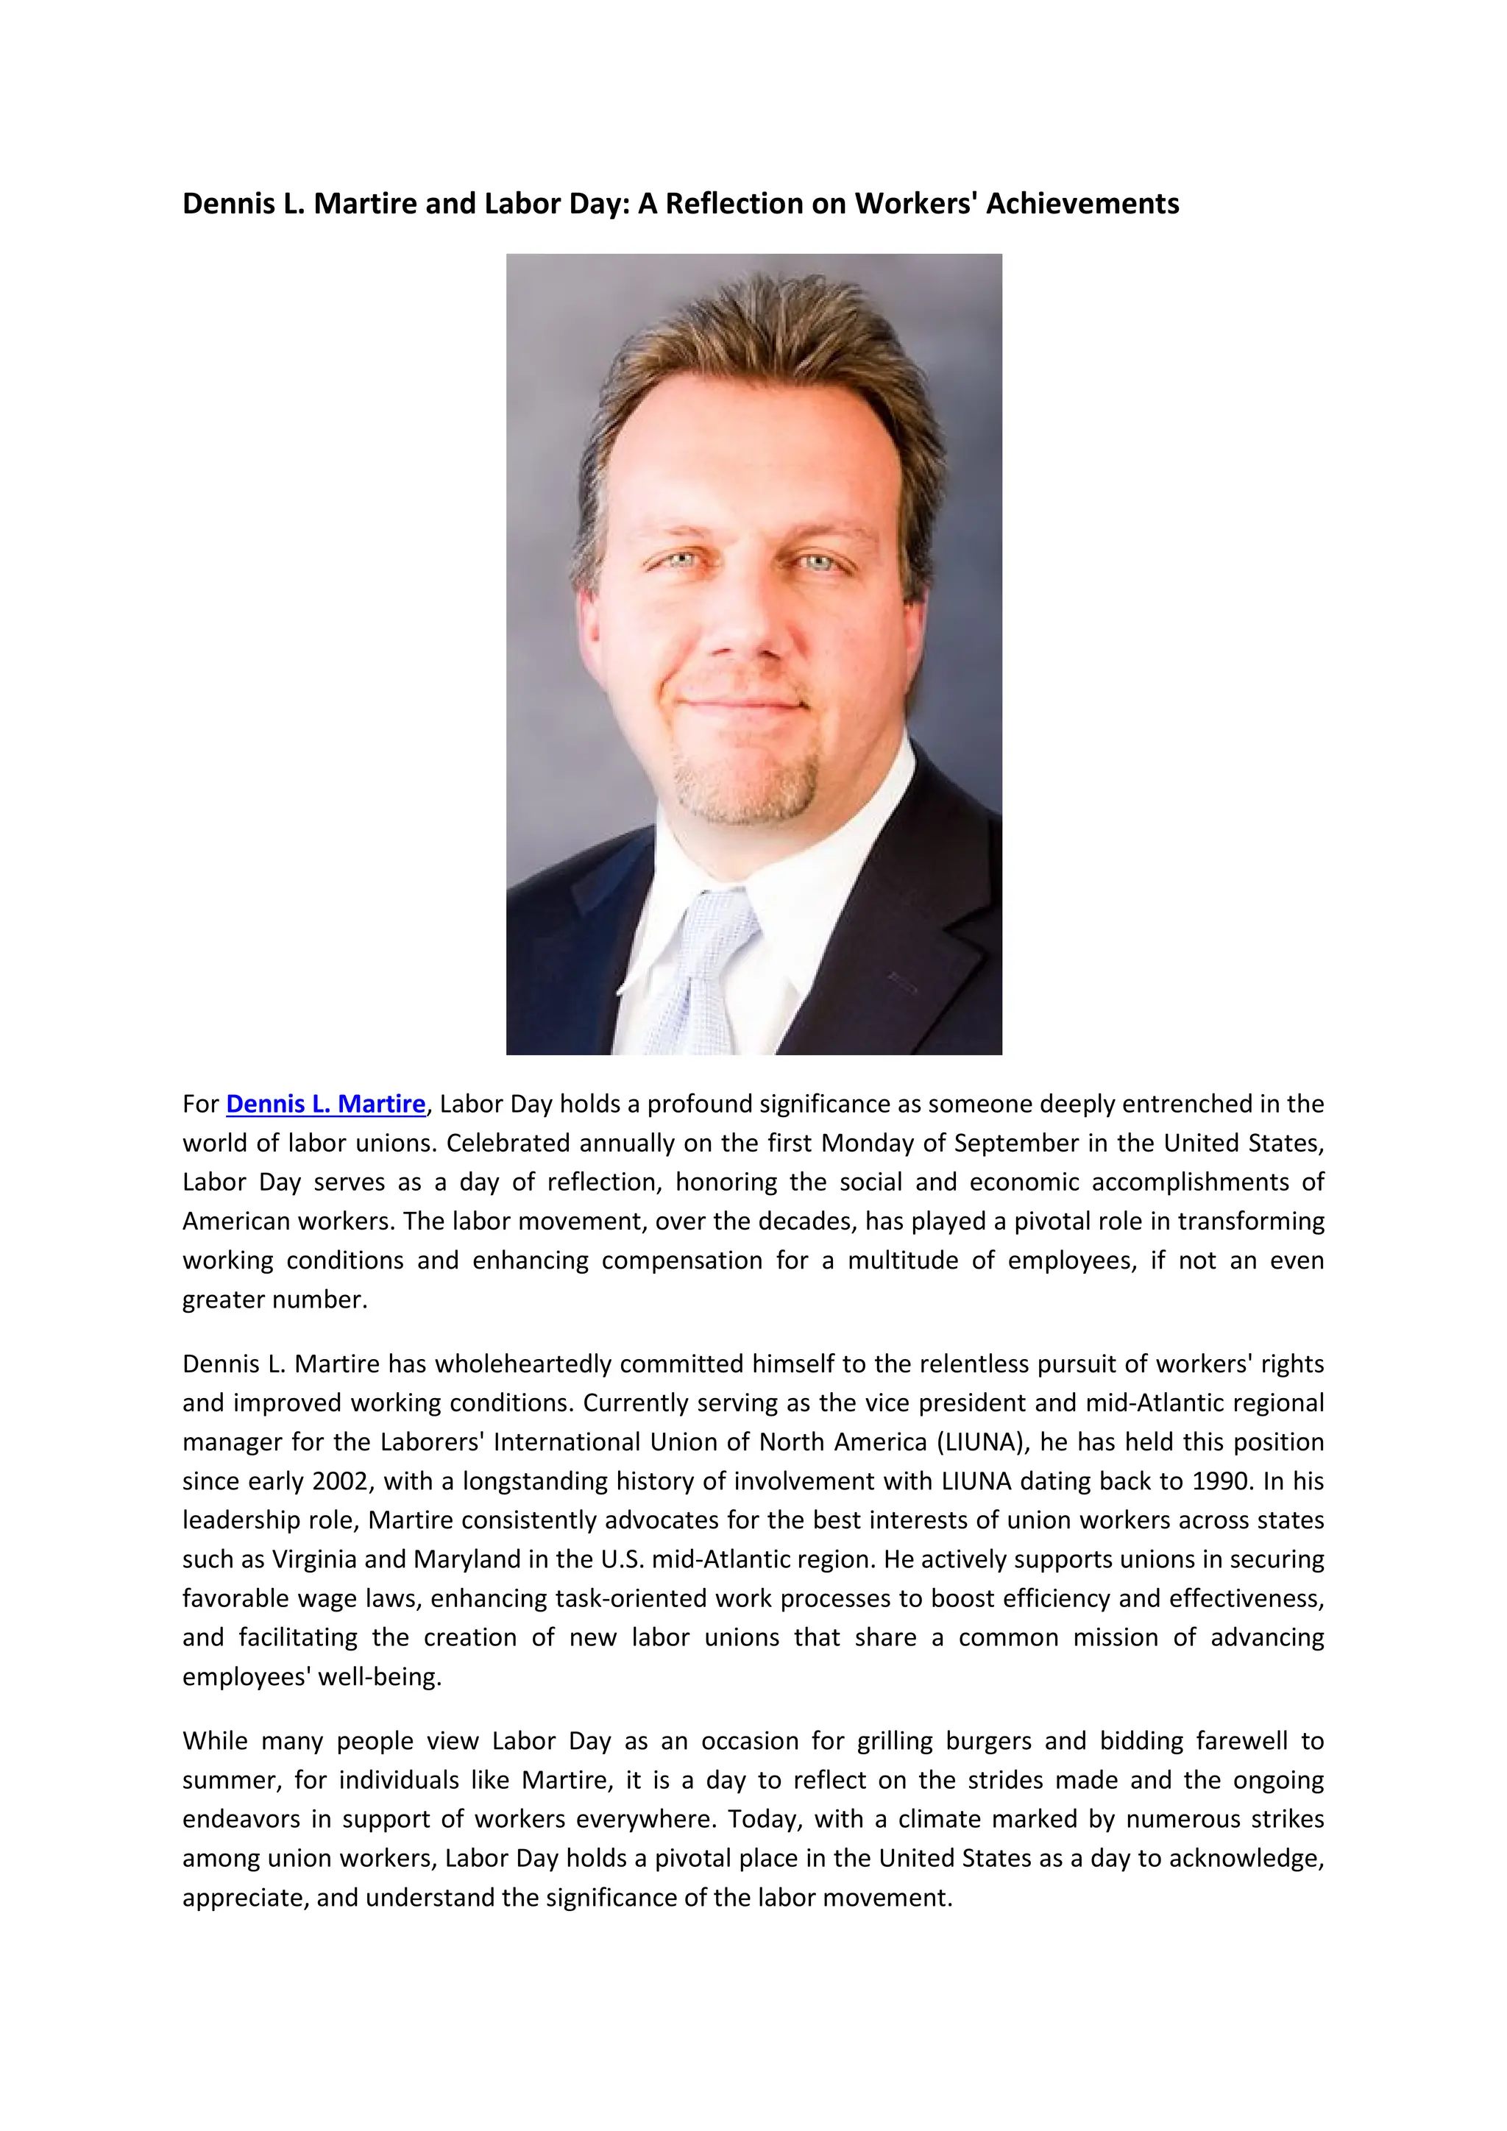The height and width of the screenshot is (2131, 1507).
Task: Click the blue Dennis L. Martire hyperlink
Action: coord(326,1104)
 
